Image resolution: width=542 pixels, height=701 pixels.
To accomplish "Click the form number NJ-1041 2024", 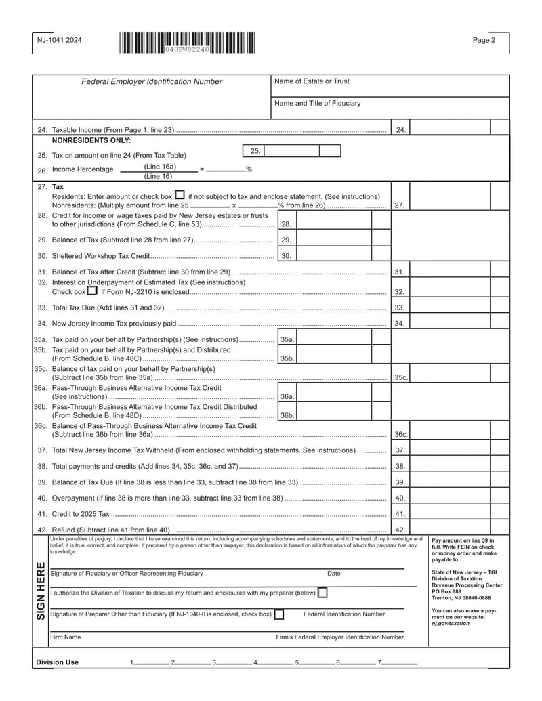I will [60, 41].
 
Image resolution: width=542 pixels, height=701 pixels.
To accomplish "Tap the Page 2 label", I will [484, 41].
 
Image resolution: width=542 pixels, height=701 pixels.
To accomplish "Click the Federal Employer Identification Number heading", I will [152, 82].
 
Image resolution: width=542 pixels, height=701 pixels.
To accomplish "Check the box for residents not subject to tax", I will [180, 195].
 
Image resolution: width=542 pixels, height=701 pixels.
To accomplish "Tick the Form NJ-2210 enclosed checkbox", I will [92, 291].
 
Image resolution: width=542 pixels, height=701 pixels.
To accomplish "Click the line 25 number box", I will [255, 151].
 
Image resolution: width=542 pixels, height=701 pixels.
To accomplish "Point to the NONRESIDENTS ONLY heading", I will [91, 141].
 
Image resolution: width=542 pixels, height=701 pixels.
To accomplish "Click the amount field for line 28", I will [334, 224].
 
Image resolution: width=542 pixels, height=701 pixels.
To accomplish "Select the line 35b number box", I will [287, 359].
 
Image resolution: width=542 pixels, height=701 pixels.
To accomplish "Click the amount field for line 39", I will [451, 482].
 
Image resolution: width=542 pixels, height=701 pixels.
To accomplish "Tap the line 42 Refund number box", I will [400, 530].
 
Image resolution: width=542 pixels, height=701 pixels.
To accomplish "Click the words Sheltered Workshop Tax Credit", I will [100, 256].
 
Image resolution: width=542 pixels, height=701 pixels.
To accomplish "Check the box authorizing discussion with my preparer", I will [322, 593].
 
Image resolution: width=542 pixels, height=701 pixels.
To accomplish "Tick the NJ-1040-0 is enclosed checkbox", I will [279, 614].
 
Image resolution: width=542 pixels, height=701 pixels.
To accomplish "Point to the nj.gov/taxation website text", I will [450, 624].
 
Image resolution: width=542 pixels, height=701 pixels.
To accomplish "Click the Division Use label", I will [57, 662].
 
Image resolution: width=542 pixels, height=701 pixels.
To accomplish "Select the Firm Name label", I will [66, 637].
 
